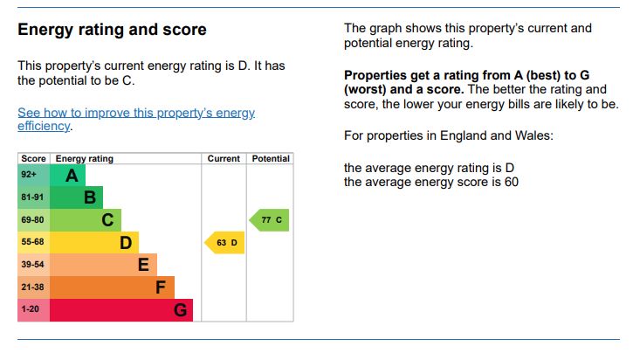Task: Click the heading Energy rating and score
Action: coord(112,30)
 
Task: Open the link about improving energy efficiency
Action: coord(136,119)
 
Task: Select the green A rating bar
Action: coord(67,175)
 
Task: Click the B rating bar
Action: coord(77,197)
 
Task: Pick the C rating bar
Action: coord(86,220)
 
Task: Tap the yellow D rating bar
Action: coord(94,242)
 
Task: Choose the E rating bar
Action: coord(103,265)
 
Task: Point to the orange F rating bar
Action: coord(112,287)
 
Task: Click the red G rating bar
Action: coord(120,310)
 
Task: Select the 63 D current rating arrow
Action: coord(224,242)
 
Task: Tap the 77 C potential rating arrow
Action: coord(269,220)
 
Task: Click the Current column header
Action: coord(224,159)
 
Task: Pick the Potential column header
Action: coord(271,159)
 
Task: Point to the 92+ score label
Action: coord(29,175)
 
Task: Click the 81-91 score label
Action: coord(32,197)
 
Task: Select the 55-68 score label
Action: coord(32,242)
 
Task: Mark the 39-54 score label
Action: coord(32,265)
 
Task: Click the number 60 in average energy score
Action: coord(510,182)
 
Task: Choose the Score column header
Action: coord(34,159)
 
